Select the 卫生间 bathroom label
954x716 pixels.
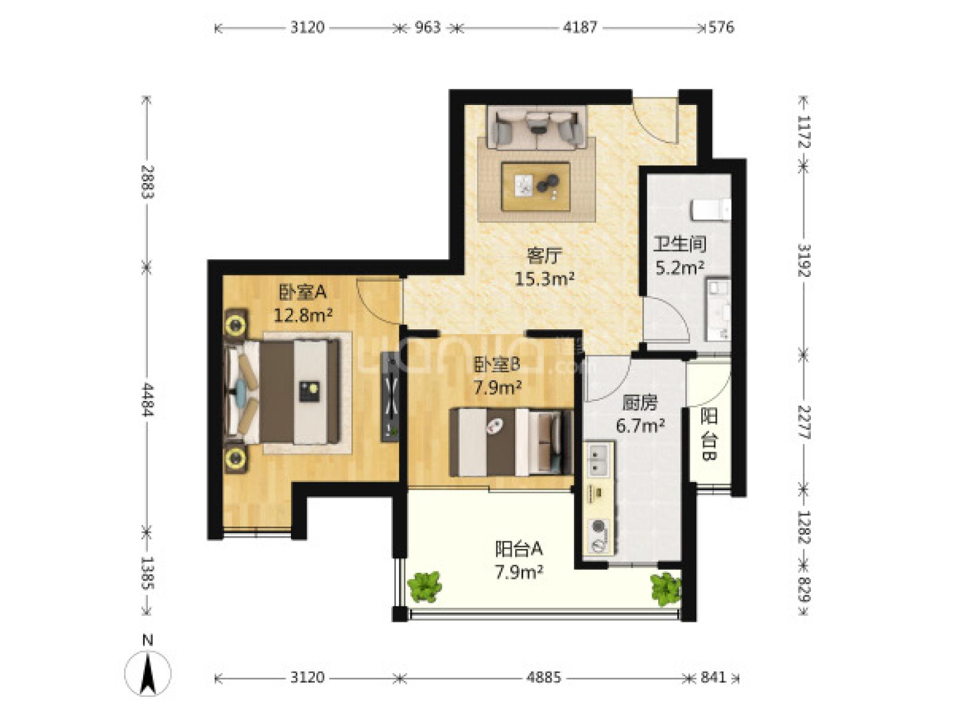pos(680,244)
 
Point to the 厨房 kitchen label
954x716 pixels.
pos(640,403)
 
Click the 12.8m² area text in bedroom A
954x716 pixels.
pos(303,314)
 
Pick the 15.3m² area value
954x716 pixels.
pos(544,278)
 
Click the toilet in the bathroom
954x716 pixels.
pos(711,209)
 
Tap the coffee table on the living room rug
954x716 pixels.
pos(535,187)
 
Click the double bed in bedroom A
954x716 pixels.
pos(281,391)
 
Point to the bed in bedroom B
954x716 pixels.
pos(511,442)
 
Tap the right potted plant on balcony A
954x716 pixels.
pos(666,590)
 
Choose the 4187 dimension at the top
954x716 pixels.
pos(580,28)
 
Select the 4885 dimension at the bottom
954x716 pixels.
pos(544,677)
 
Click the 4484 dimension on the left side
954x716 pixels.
pos(147,400)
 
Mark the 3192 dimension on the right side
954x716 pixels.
pos(804,260)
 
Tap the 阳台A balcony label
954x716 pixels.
pos(519,549)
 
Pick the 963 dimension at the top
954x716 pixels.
pos(428,28)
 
